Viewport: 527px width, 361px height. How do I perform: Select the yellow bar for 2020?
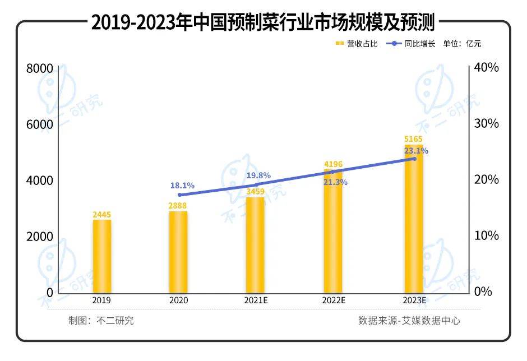pyautogui.click(x=179, y=252)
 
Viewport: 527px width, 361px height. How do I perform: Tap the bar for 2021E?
pyautogui.click(x=255, y=244)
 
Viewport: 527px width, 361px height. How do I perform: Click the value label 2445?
pyautogui.click(x=102, y=215)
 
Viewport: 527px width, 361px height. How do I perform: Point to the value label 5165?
pyautogui.click(x=414, y=140)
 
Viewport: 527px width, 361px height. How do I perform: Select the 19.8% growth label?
pyautogui.click(x=258, y=175)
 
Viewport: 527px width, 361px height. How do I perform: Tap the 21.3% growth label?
pyautogui.click(x=335, y=182)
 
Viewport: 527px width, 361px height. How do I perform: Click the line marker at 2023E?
pyautogui.click(x=414, y=159)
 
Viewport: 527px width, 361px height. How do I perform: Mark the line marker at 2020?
pyautogui.click(x=179, y=195)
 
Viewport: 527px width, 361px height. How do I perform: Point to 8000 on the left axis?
pyautogui.click(x=39, y=68)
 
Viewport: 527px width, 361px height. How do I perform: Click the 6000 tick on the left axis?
pyautogui.click(x=39, y=124)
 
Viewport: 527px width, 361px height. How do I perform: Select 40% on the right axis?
pyautogui.click(x=486, y=68)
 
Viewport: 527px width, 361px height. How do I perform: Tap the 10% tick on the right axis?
pyautogui.click(x=486, y=236)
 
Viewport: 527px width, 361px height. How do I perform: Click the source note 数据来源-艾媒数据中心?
pyautogui.click(x=409, y=321)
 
